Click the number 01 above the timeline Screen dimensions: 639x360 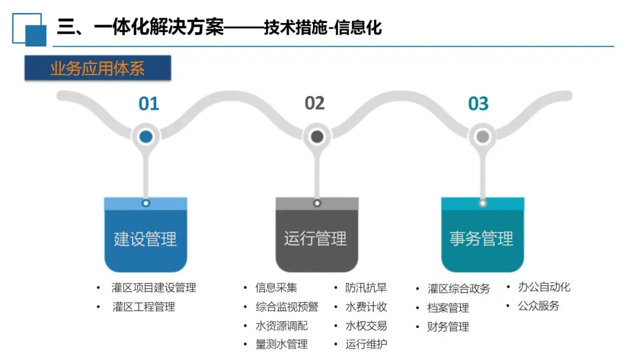click(x=149, y=104)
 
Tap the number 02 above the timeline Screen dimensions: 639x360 click(x=315, y=104)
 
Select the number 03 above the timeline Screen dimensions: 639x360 click(x=478, y=104)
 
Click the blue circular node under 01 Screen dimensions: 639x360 click(x=146, y=137)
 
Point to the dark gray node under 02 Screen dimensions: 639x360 click(x=317, y=137)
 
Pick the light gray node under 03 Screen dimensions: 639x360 click(x=483, y=137)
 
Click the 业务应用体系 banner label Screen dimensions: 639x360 click(x=98, y=69)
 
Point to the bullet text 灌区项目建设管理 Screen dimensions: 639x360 click(x=154, y=288)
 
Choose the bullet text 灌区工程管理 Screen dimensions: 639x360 click(x=144, y=307)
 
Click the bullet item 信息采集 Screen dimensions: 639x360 click(x=276, y=288)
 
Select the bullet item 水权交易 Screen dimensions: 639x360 click(x=366, y=326)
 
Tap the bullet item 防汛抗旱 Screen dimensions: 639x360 click(x=366, y=288)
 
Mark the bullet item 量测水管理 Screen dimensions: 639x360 click(x=282, y=344)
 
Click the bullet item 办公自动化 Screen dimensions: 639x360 click(x=544, y=287)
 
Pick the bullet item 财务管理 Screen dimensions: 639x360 click(x=448, y=327)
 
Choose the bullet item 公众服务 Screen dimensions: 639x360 click(x=538, y=306)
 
